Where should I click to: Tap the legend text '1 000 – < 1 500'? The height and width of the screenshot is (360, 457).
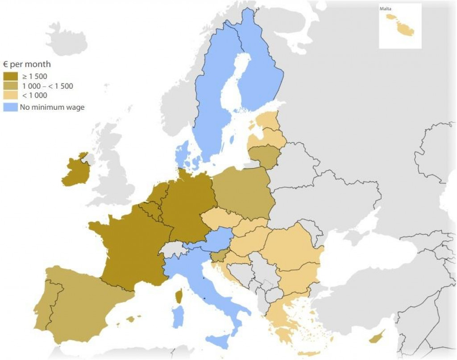[x=46, y=86]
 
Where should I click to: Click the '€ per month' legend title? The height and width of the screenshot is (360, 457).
[x=26, y=64]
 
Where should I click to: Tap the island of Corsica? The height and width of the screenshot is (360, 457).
[x=179, y=295]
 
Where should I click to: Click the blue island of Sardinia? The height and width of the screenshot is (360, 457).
[x=178, y=317]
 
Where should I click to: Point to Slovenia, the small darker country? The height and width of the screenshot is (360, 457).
[x=217, y=257]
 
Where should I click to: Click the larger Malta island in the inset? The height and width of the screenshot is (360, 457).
[x=405, y=30]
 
